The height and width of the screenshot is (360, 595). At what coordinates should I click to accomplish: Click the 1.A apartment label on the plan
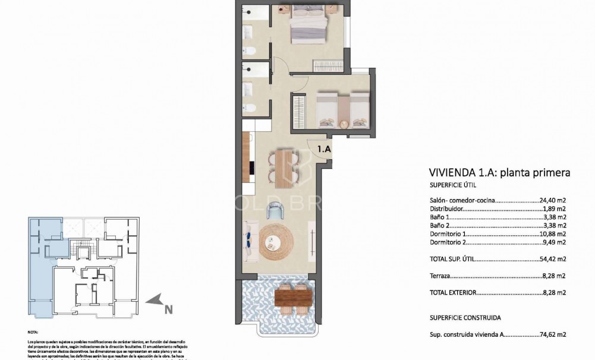324,150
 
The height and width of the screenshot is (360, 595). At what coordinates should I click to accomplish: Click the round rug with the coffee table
276,241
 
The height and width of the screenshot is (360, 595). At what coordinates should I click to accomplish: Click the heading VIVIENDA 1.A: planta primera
499,173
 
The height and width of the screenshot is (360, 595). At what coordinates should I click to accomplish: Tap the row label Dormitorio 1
449,234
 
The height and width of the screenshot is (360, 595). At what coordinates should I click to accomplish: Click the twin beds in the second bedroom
342,110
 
